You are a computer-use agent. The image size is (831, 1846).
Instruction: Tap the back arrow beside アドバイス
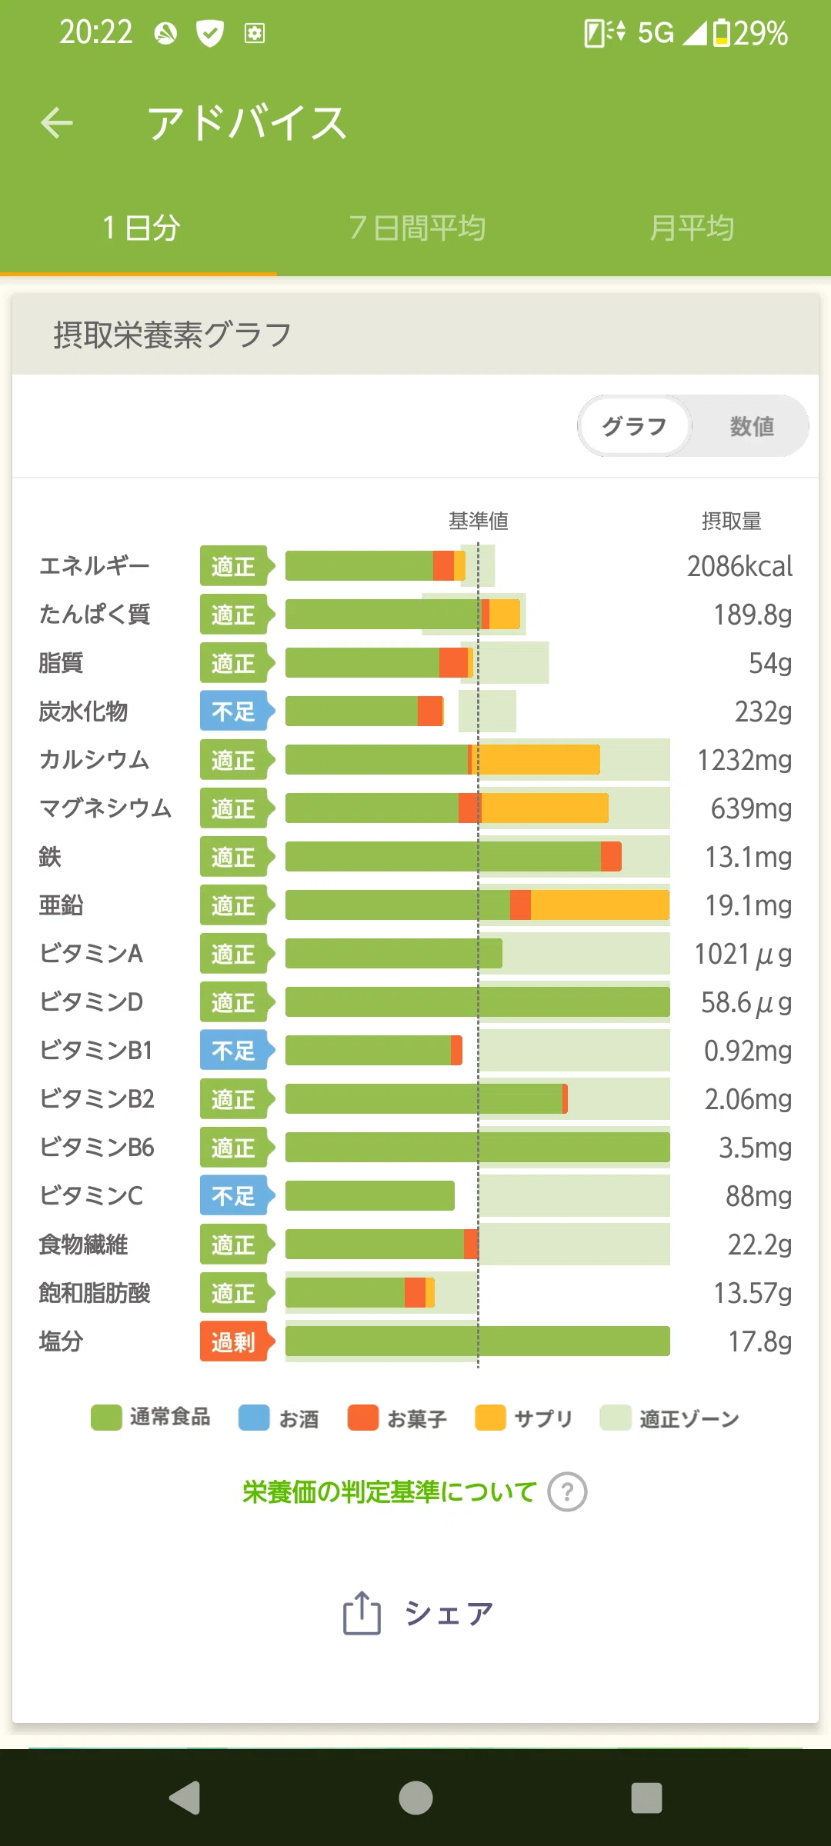57,122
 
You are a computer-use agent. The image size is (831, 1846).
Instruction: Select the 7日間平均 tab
416,228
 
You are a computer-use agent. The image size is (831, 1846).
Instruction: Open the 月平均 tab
692,228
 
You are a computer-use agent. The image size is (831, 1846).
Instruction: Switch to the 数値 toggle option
752,426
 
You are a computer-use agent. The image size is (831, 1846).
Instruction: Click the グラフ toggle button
635,426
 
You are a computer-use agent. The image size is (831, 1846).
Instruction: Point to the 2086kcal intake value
739,566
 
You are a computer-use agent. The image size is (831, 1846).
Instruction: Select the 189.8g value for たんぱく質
753,615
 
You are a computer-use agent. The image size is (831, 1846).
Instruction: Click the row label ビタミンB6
97,1148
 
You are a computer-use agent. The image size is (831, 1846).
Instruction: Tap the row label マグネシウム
105,808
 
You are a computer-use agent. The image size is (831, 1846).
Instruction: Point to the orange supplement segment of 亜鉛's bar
600,905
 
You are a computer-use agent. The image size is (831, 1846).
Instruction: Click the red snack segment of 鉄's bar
611,856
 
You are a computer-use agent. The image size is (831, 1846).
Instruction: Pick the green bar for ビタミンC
370,1195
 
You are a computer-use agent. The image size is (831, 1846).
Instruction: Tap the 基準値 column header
479,521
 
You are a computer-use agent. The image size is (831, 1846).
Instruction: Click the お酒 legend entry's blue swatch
254,1418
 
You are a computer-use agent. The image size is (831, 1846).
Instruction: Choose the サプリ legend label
543,1418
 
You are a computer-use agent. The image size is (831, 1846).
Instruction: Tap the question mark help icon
567,1492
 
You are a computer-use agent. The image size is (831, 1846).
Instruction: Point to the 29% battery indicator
751,33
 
